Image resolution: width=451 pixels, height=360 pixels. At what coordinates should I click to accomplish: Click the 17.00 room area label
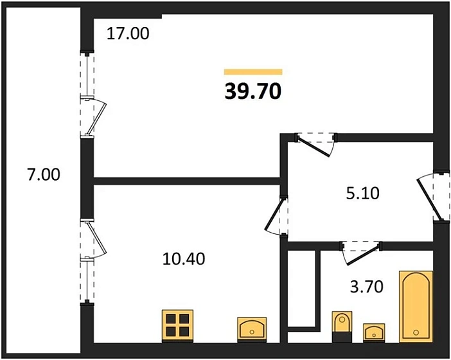coord(128,33)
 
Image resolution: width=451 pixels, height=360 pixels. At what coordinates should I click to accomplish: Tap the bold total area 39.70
coord(253,91)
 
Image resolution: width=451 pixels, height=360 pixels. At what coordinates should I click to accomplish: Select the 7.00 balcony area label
coord(44,175)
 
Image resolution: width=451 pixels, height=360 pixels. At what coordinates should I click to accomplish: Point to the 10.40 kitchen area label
coord(184,258)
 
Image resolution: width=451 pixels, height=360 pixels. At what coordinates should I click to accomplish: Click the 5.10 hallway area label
coord(363,194)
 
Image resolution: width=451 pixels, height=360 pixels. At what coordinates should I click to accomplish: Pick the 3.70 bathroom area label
coord(367,287)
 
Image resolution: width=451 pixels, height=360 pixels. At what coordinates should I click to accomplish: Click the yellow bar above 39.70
coord(253,71)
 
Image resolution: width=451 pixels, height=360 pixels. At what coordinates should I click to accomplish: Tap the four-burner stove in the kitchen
coord(177,326)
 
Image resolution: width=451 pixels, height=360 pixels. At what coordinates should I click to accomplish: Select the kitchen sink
coord(252,330)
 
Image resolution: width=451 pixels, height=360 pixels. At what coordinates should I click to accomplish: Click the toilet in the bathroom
coord(342,327)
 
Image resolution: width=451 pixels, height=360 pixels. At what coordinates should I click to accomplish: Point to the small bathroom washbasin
coord(374,333)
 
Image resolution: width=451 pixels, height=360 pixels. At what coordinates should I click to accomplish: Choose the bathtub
coord(416,307)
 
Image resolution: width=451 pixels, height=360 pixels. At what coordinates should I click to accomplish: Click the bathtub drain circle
coord(416,332)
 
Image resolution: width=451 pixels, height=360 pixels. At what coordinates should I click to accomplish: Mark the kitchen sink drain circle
coord(252,332)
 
